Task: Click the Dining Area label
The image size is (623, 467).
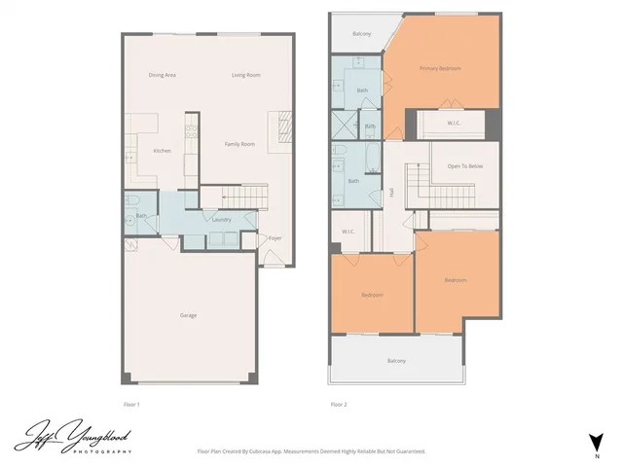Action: click(x=162, y=75)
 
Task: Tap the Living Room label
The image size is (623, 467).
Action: click(x=245, y=75)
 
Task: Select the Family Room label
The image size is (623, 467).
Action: click(x=239, y=144)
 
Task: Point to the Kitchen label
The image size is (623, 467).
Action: click(x=163, y=150)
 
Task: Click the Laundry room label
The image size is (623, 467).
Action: click(x=221, y=220)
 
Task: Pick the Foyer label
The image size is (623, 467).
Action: click(x=275, y=237)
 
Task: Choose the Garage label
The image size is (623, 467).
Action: click(x=188, y=315)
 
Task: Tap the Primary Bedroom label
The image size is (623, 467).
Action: click(x=439, y=68)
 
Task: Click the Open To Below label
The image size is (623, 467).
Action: click(x=465, y=166)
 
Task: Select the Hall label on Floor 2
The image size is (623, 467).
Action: click(x=391, y=193)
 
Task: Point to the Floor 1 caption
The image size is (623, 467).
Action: click(x=131, y=404)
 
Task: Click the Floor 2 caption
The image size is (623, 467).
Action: click(x=339, y=404)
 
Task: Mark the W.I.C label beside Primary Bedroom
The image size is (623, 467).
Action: click(x=454, y=124)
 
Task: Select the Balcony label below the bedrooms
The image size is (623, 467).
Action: click(x=396, y=361)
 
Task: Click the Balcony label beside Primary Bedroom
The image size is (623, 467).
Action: click(x=361, y=34)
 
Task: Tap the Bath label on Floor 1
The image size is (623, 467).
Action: click(x=141, y=216)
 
